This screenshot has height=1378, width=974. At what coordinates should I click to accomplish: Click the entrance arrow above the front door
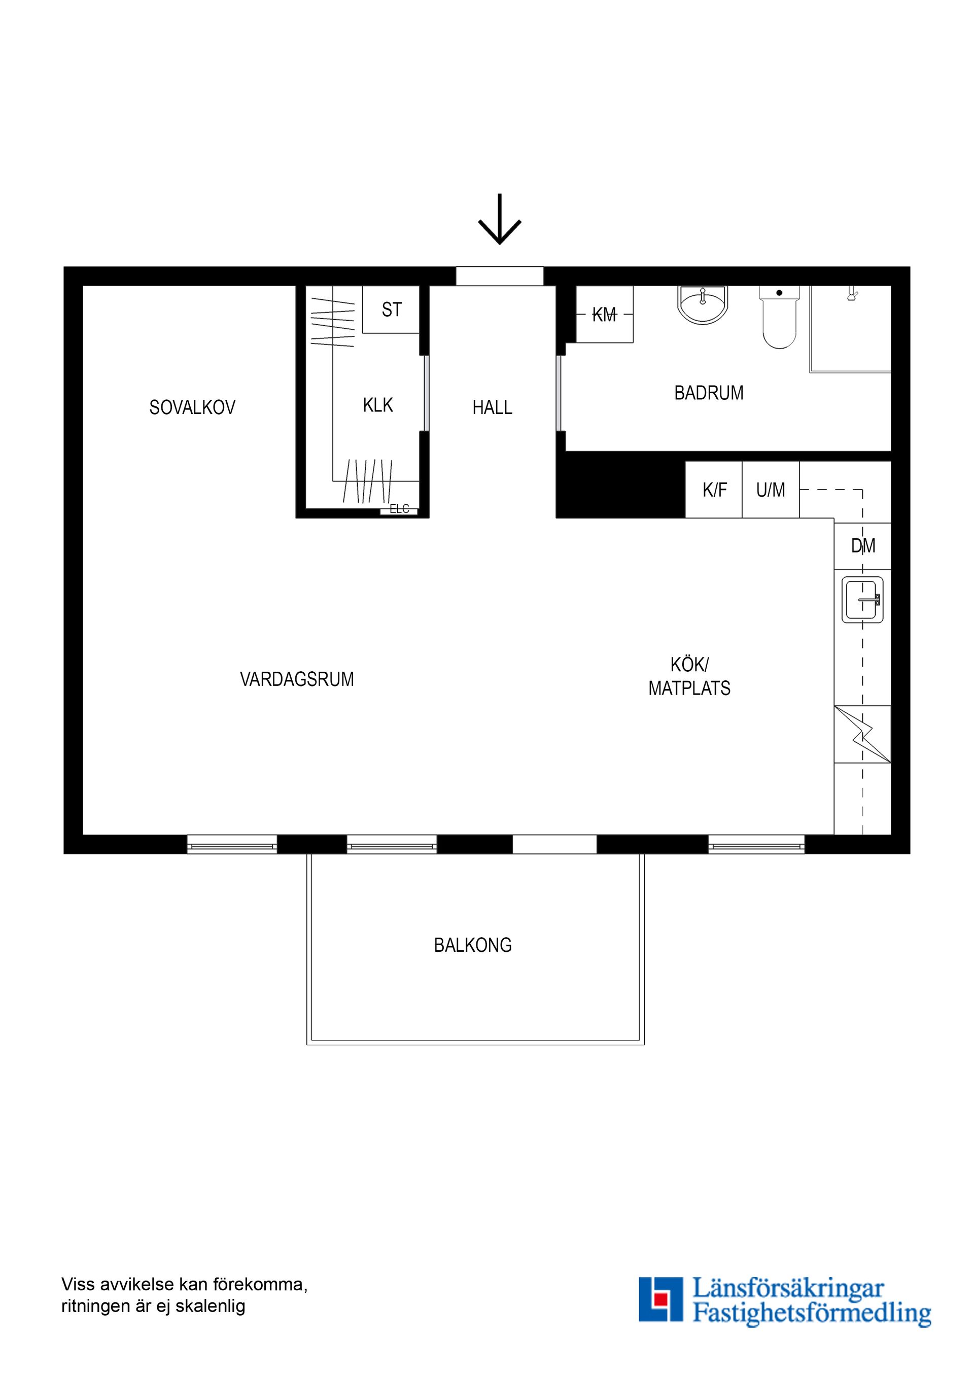pyautogui.click(x=499, y=220)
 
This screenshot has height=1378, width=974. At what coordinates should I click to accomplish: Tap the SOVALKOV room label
pyautogui.click(x=192, y=408)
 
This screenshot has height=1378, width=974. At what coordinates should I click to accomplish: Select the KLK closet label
pyautogui.click(x=378, y=405)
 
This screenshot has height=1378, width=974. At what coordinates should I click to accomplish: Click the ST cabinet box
pyautogui.click(x=391, y=309)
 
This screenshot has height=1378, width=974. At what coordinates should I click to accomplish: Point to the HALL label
pyautogui.click(x=492, y=408)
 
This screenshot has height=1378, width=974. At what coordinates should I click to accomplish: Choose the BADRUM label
pyautogui.click(x=709, y=393)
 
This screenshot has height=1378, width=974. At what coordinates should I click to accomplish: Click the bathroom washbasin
pyautogui.click(x=702, y=305)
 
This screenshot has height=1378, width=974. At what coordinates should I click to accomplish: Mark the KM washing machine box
pyautogui.click(x=604, y=314)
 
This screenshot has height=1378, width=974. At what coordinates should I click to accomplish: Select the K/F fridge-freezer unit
pyautogui.click(x=714, y=490)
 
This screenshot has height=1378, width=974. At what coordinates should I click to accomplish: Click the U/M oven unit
pyautogui.click(x=771, y=490)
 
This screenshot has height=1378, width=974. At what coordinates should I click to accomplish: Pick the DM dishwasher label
pyautogui.click(x=863, y=545)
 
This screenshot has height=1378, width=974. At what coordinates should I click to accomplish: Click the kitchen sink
pyautogui.click(x=862, y=599)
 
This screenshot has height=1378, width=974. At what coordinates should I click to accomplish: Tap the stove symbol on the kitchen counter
pyautogui.click(x=862, y=734)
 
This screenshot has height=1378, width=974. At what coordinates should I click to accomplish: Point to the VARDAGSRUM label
pyautogui.click(x=297, y=679)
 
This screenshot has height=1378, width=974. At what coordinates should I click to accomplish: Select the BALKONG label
pyautogui.click(x=473, y=945)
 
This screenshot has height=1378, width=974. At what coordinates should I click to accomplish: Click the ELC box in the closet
pyautogui.click(x=399, y=509)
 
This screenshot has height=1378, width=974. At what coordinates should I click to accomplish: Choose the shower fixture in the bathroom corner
pyautogui.click(x=852, y=293)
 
